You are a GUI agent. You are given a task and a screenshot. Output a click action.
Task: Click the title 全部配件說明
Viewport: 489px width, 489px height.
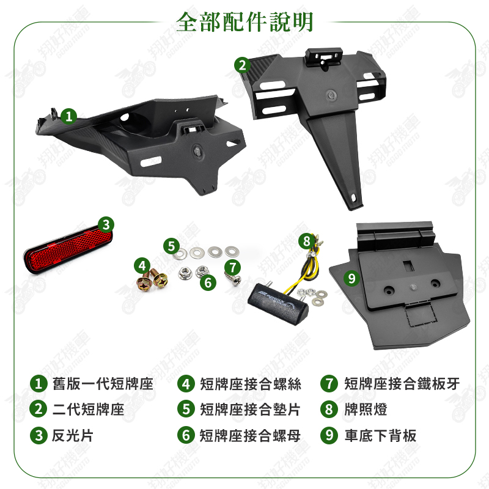click(244, 22)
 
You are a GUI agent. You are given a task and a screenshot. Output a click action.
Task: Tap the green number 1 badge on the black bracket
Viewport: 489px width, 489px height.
click(68, 116)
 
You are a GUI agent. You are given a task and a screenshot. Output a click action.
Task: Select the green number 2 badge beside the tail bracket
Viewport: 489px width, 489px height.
click(242, 65)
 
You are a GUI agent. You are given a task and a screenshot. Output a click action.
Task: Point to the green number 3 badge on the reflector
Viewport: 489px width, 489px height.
click(106, 224)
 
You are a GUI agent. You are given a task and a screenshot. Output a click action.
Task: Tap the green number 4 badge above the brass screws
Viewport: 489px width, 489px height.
click(142, 266)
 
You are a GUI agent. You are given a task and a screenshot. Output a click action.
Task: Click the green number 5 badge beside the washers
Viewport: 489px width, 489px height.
click(172, 246)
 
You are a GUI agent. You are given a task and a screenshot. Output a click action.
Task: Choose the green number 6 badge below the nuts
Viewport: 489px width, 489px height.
click(208, 282)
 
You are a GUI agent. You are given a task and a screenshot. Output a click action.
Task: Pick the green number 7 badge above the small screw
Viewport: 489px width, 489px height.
click(233, 267)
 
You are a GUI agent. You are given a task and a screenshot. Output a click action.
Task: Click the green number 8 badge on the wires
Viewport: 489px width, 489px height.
click(307, 241)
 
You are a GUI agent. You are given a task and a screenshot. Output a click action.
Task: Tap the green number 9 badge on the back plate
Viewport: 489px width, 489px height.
click(352, 278)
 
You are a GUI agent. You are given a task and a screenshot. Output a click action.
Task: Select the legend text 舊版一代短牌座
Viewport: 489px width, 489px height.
click(103, 384)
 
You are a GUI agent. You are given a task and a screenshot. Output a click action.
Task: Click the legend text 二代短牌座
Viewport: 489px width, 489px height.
click(88, 409)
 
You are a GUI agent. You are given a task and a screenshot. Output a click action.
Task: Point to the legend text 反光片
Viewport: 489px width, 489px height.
click(72, 435)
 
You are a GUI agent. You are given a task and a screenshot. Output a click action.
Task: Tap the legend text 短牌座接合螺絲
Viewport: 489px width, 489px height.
click(251, 384)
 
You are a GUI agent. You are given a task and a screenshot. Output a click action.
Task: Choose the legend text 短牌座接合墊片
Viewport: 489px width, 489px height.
click(250, 409)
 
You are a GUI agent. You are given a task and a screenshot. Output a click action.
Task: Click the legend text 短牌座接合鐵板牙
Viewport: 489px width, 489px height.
click(402, 384)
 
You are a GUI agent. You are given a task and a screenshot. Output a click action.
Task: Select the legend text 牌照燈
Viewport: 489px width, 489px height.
click(366, 409)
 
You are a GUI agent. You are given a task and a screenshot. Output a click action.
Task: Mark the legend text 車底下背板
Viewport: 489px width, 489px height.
click(380, 435)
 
